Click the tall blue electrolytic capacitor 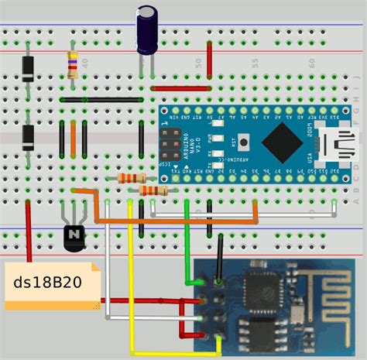pos(147,29)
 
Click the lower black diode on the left pos(29,137)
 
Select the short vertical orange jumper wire pos(74,137)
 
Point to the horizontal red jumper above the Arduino pos(182,87)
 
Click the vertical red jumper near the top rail pos(209,54)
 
